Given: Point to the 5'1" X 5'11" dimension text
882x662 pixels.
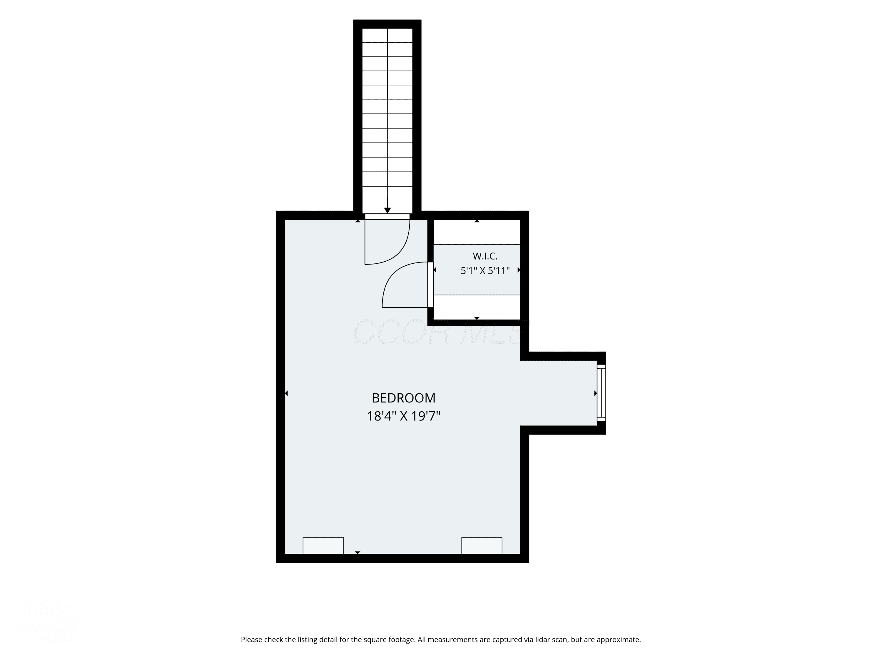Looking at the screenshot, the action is click(x=485, y=271).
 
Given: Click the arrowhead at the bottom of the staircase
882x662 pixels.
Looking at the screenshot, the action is click(x=387, y=210).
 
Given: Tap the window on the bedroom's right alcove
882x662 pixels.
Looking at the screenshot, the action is click(x=601, y=393).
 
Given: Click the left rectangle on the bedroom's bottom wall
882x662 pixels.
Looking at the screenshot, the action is click(x=323, y=545).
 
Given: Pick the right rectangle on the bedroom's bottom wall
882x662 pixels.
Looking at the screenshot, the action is click(x=482, y=545).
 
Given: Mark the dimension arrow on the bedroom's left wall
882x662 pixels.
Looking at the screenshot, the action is click(x=286, y=393).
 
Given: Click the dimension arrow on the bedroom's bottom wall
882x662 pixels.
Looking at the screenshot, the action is click(x=358, y=553).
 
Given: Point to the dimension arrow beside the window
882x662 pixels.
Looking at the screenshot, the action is click(x=595, y=393).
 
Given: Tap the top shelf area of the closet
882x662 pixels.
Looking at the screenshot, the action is click(x=477, y=232).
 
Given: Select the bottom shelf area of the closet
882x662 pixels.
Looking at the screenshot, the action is click(x=477, y=307).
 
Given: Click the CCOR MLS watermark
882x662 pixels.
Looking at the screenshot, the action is click(x=441, y=332).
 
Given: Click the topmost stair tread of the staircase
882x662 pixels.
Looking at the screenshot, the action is click(x=387, y=36).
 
